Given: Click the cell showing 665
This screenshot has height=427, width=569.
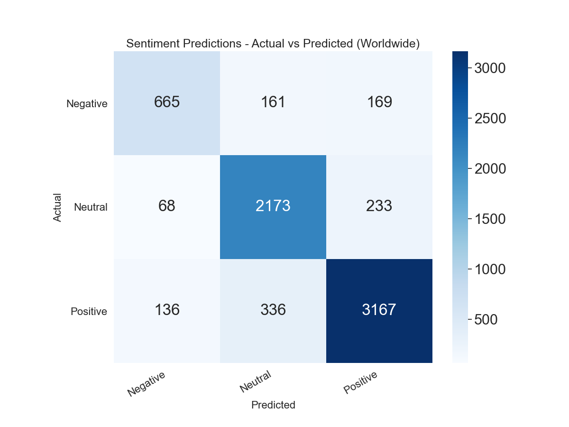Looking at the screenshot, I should tap(167, 102).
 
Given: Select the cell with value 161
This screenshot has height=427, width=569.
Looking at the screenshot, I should tap(273, 102).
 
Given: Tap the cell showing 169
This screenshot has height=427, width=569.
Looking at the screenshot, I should tap(379, 102).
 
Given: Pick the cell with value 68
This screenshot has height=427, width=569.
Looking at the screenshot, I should tap(167, 206).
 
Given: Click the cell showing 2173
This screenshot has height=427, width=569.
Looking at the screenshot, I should tap(273, 206).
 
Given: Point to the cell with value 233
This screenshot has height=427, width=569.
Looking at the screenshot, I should tap(379, 206).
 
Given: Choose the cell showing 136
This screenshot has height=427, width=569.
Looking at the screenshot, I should tap(167, 310).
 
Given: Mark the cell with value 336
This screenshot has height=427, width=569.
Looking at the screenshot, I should tap(273, 310).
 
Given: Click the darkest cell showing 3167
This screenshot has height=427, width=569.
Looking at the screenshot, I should tap(379, 310).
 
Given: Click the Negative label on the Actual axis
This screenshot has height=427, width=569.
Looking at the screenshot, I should tap(87, 103).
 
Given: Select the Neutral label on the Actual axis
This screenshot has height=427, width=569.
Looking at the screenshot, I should tap(91, 207).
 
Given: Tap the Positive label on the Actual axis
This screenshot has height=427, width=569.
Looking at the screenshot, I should tap(89, 312).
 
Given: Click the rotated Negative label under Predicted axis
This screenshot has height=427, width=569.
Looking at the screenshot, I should tap(147, 384).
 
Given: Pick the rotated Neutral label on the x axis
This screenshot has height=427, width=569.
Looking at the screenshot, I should tap(256, 382).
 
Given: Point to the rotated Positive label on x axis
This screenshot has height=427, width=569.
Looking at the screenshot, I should tap(361, 382).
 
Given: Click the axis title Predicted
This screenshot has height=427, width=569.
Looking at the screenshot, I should tap(273, 405).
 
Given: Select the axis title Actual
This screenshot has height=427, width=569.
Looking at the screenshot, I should tap(57, 207).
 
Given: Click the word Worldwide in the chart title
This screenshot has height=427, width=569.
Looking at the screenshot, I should tap(387, 44).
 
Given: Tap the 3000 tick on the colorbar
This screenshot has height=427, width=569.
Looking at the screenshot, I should tap(490, 68).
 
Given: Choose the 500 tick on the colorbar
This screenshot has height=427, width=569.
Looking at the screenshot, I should tap(486, 320).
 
